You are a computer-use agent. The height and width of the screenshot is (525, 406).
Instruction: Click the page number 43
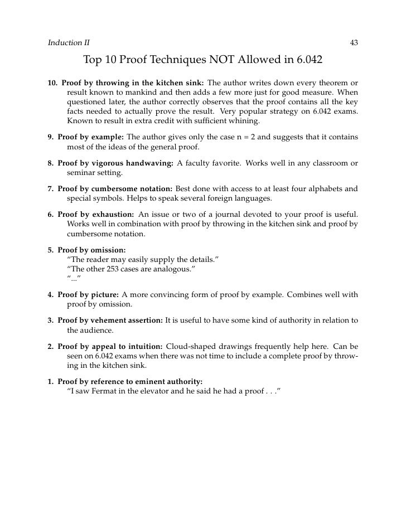coord(354,42)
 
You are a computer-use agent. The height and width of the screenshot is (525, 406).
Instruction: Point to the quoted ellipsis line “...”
coord(74,279)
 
